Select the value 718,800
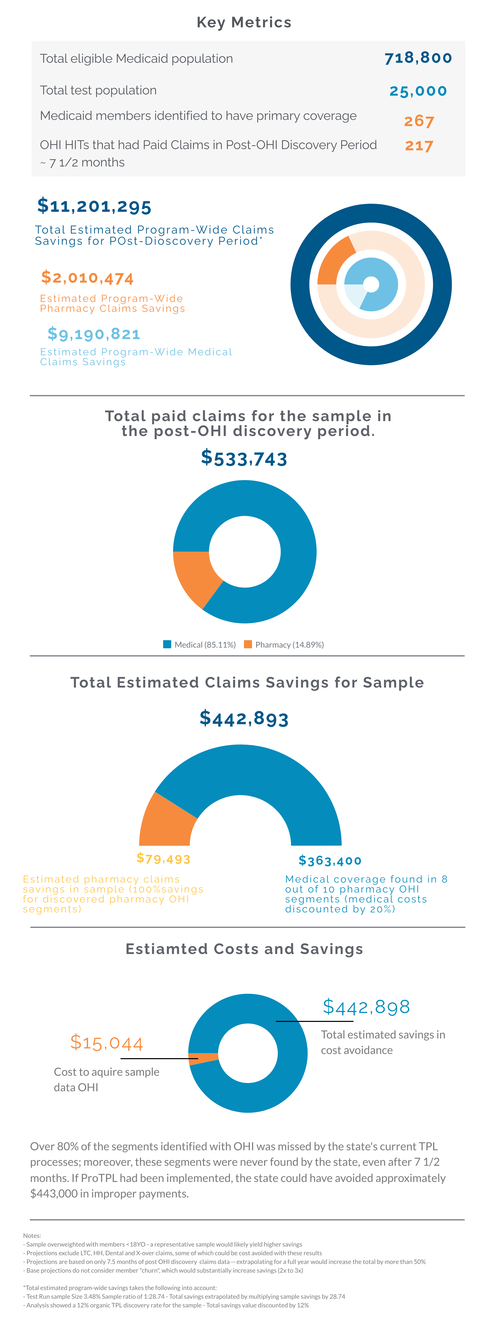tap(418, 58)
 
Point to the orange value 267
tap(419, 121)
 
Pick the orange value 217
tap(419, 146)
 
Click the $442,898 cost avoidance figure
tap(366, 1007)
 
